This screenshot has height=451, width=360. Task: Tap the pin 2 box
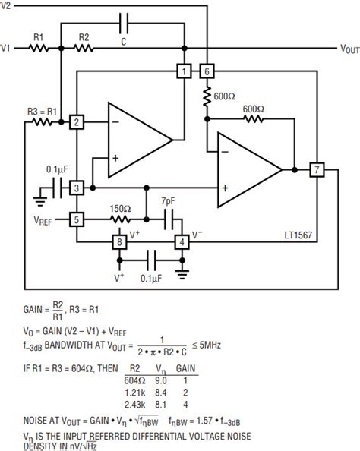(x=76, y=122)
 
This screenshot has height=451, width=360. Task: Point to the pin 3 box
(x=76, y=188)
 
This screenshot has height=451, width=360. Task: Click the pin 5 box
(x=76, y=219)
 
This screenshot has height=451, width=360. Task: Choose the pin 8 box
(x=118, y=242)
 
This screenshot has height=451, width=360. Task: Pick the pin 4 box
(x=182, y=242)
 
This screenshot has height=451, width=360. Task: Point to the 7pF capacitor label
(x=170, y=200)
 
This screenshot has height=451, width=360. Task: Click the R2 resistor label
(x=85, y=36)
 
